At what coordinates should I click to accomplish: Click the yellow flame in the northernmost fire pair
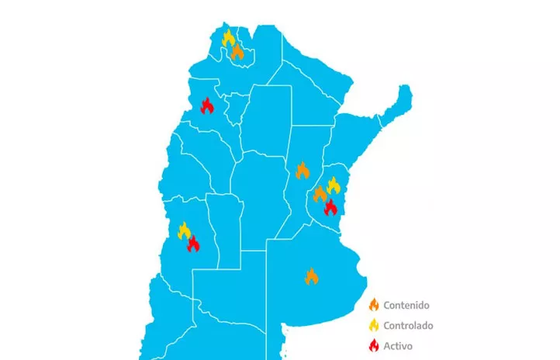tap(228, 37)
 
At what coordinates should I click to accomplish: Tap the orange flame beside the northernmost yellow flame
tap(237, 51)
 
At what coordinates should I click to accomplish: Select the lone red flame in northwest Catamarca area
tap(207, 106)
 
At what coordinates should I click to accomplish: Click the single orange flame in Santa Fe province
tap(302, 170)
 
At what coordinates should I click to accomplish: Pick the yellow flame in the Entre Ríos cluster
tap(334, 185)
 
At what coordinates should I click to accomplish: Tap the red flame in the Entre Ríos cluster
tap(330, 206)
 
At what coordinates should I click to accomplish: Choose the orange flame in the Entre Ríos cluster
tap(320, 194)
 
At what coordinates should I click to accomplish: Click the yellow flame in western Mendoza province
tap(185, 230)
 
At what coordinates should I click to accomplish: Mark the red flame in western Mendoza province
tap(192, 244)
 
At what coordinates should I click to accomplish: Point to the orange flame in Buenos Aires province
tap(311, 275)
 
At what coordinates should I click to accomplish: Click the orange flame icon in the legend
tap(373, 306)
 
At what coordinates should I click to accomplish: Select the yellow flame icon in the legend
tap(373, 325)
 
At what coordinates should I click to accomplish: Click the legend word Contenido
tap(406, 306)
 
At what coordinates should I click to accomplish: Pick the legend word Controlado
tap(408, 325)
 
